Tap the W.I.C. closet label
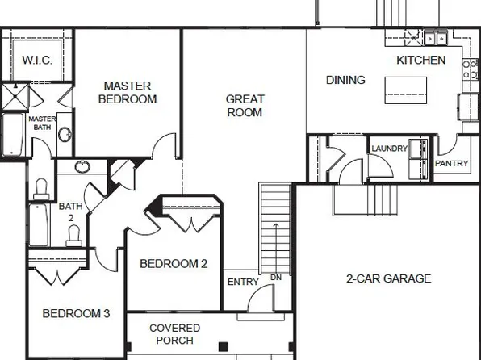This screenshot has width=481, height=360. click(x=37, y=61)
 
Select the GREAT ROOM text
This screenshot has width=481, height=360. click(x=245, y=106)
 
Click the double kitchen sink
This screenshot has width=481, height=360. click(x=436, y=37)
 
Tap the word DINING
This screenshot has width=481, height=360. click(x=345, y=80)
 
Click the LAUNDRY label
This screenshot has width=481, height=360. click(x=389, y=149)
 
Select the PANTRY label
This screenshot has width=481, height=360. click(x=451, y=164)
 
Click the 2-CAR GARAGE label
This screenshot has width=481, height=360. click(x=388, y=278)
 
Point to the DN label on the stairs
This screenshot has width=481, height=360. click(x=276, y=278)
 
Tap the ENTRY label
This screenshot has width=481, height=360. click(x=243, y=282)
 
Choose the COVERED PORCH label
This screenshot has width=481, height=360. click(x=174, y=334)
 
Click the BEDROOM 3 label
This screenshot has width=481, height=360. click(x=76, y=313)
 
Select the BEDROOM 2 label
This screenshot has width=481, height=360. click(x=174, y=263)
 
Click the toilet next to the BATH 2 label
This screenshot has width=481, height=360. click(x=73, y=235)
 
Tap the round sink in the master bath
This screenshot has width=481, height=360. click(x=64, y=133)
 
